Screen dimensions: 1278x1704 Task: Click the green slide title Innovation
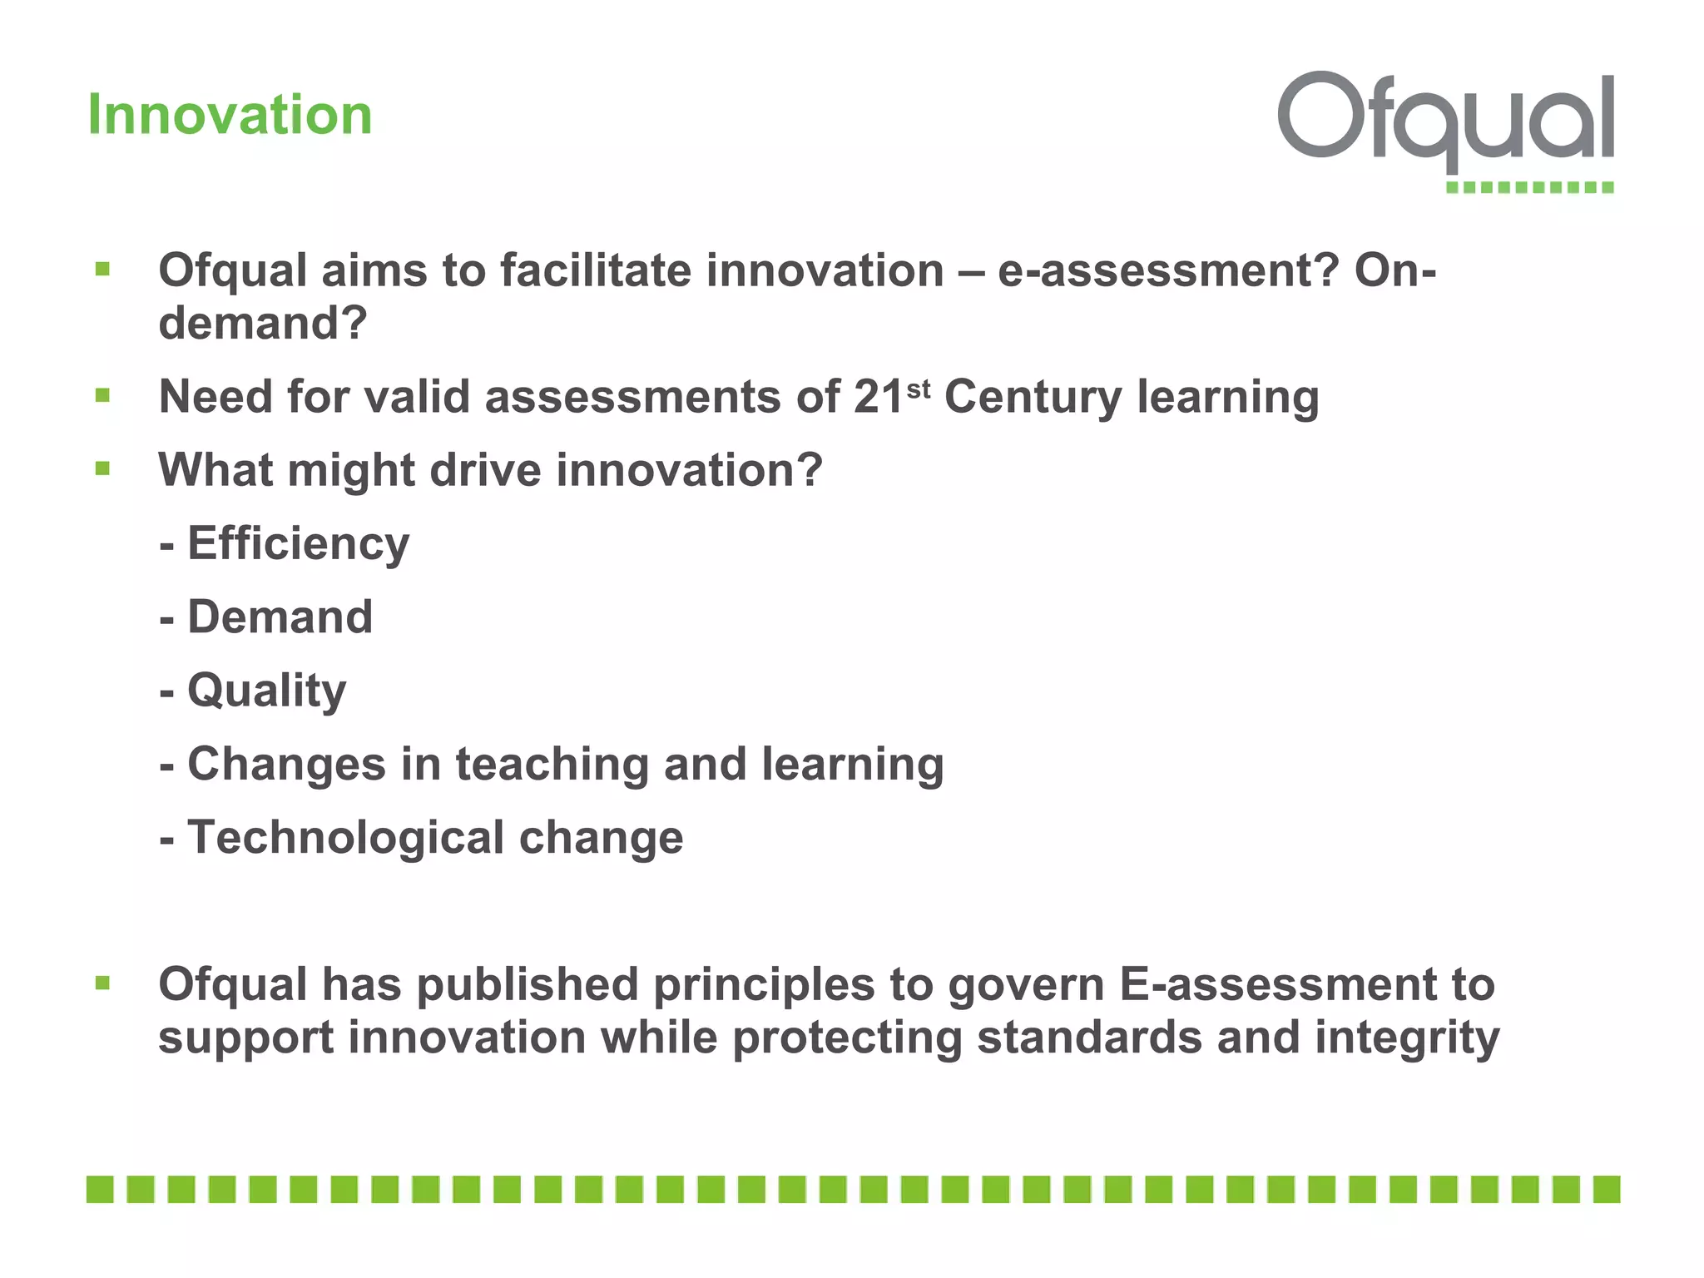(230, 114)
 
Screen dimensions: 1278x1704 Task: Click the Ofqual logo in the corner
(1446, 125)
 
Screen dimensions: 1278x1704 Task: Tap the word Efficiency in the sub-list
(298, 544)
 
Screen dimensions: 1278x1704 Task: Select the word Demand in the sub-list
(280, 617)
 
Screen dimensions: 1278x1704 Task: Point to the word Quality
(266, 691)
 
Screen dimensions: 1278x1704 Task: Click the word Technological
(345, 838)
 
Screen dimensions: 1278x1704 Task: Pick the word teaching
(552, 765)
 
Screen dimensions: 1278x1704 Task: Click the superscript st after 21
(918, 389)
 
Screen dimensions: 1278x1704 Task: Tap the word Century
(1033, 397)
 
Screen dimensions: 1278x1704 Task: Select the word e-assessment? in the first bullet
(1168, 271)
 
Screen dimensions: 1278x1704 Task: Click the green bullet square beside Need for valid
(103, 395)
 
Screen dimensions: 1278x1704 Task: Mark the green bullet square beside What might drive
(103, 468)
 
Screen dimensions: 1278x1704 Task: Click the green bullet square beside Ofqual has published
(103, 983)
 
